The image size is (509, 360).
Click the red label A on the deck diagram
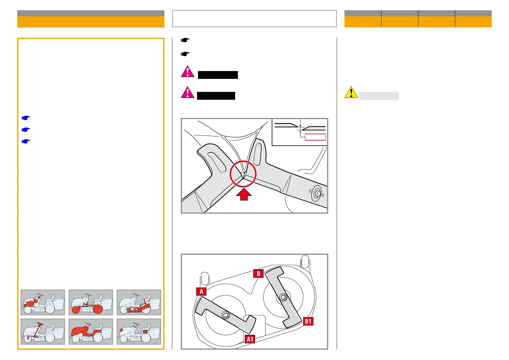coord(201,291)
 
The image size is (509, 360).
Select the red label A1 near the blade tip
coord(250,339)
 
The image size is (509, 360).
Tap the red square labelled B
coord(258,274)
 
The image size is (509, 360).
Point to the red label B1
coord(308,321)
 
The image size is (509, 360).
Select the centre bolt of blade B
coord(283,297)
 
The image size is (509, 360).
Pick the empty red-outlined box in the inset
coord(315,137)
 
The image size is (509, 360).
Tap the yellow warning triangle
coord(351,92)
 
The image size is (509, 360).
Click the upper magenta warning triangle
coord(187,72)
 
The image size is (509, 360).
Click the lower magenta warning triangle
coord(187,92)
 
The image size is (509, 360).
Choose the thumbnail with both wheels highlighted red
coord(91,302)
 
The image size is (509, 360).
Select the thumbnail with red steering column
coord(43,331)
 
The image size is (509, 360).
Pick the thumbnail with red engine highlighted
coord(43,302)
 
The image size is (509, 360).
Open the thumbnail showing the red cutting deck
coord(139,302)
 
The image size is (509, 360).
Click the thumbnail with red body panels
coord(91,331)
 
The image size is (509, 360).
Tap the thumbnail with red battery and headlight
coord(139,331)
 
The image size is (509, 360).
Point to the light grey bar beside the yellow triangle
coord(379,96)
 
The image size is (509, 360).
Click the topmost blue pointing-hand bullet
coord(26,118)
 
